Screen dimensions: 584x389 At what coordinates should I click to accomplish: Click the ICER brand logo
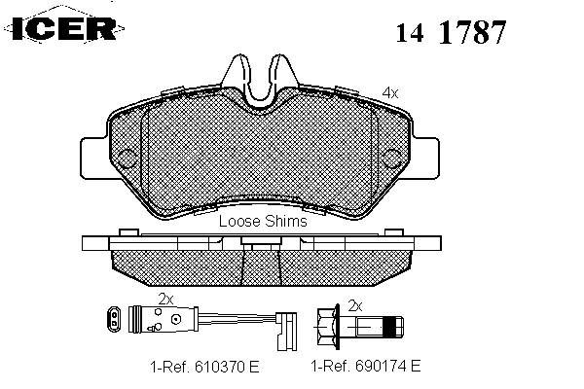(x=63, y=28)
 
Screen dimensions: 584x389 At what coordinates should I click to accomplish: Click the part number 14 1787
(x=451, y=32)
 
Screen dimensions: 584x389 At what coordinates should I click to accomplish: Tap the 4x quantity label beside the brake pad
(x=390, y=93)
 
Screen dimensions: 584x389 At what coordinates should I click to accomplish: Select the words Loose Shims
(x=263, y=221)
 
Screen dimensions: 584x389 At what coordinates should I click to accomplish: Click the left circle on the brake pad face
(x=128, y=159)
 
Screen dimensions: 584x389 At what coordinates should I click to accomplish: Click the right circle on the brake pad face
(x=392, y=159)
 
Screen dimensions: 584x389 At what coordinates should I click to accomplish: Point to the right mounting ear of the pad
(x=425, y=158)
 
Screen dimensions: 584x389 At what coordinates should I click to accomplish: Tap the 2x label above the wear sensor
(x=166, y=299)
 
